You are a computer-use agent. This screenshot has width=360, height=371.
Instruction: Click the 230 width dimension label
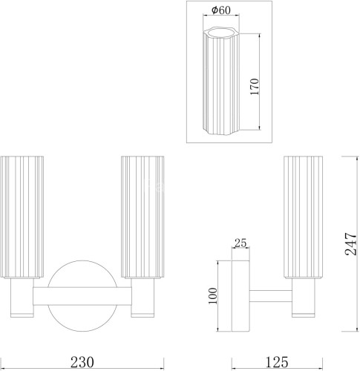(82, 362)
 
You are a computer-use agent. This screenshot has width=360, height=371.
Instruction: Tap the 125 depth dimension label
(277, 362)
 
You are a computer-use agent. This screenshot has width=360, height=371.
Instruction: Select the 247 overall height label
(351, 243)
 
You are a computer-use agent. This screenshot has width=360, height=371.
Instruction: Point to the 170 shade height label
(255, 87)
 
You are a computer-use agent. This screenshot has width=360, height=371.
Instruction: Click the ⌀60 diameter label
(221, 10)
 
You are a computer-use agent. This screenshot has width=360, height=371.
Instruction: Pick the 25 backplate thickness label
(240, 243)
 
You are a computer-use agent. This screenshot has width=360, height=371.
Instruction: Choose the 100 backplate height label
(212, 296)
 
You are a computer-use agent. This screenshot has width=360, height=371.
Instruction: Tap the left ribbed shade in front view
(22, 217)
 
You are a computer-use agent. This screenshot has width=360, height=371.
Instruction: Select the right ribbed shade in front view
(143, 217)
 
